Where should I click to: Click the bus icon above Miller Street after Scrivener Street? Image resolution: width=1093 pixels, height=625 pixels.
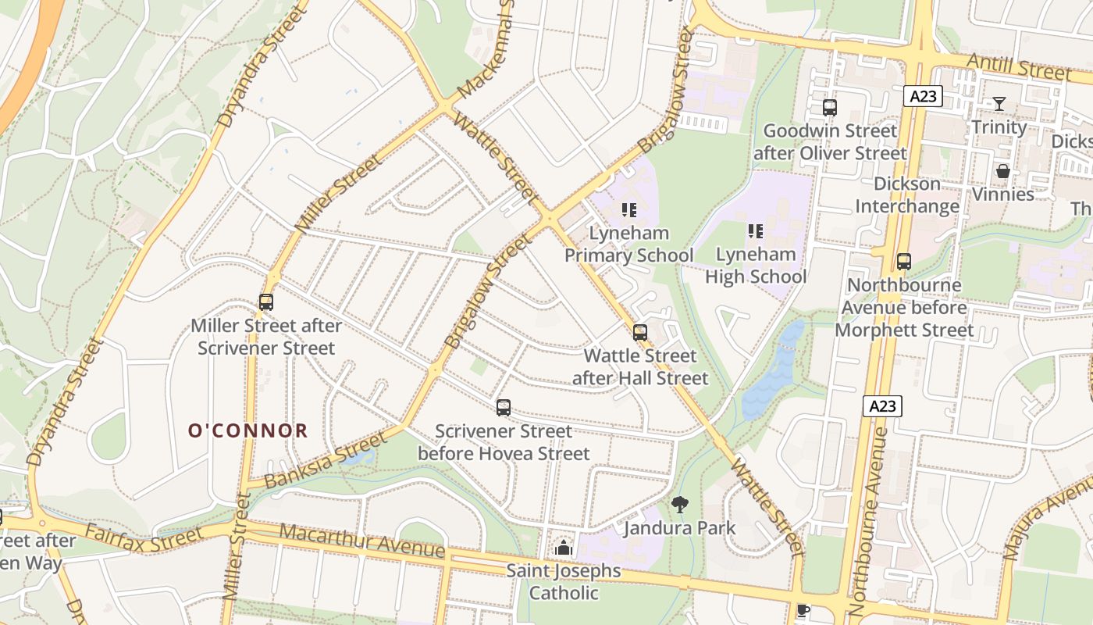click(266, 302)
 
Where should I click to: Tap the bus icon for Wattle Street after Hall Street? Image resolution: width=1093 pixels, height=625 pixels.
click(640, 333)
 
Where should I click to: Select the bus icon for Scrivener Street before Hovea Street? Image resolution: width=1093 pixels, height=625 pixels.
click(504, 408)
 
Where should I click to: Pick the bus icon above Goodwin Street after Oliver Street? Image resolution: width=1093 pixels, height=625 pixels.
click(830, 108)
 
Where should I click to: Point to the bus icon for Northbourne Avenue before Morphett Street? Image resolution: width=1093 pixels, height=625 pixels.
click(904, 262)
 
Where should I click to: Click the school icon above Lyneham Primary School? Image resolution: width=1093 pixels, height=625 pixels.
click(629, 210)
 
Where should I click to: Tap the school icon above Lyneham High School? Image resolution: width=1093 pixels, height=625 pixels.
click(756, 231)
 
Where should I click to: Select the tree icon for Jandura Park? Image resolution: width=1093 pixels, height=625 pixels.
click(680, 505)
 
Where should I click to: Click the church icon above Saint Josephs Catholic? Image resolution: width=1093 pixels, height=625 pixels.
click(564, 548)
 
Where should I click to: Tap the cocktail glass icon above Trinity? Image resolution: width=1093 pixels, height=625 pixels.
click(999, 104)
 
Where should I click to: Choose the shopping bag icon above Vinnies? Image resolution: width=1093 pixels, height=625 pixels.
click(1003, 171)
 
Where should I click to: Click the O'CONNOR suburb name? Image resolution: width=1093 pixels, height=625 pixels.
click(248, 430)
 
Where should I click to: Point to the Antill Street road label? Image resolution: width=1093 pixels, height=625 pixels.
click(1019, 67)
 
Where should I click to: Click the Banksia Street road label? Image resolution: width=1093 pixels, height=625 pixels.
click(326, 462)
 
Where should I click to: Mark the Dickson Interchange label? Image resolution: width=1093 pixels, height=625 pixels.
click(906, 195)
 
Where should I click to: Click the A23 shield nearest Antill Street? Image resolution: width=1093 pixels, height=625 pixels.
click(923, 97)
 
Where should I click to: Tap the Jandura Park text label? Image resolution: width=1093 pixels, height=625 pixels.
click(680, 528)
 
